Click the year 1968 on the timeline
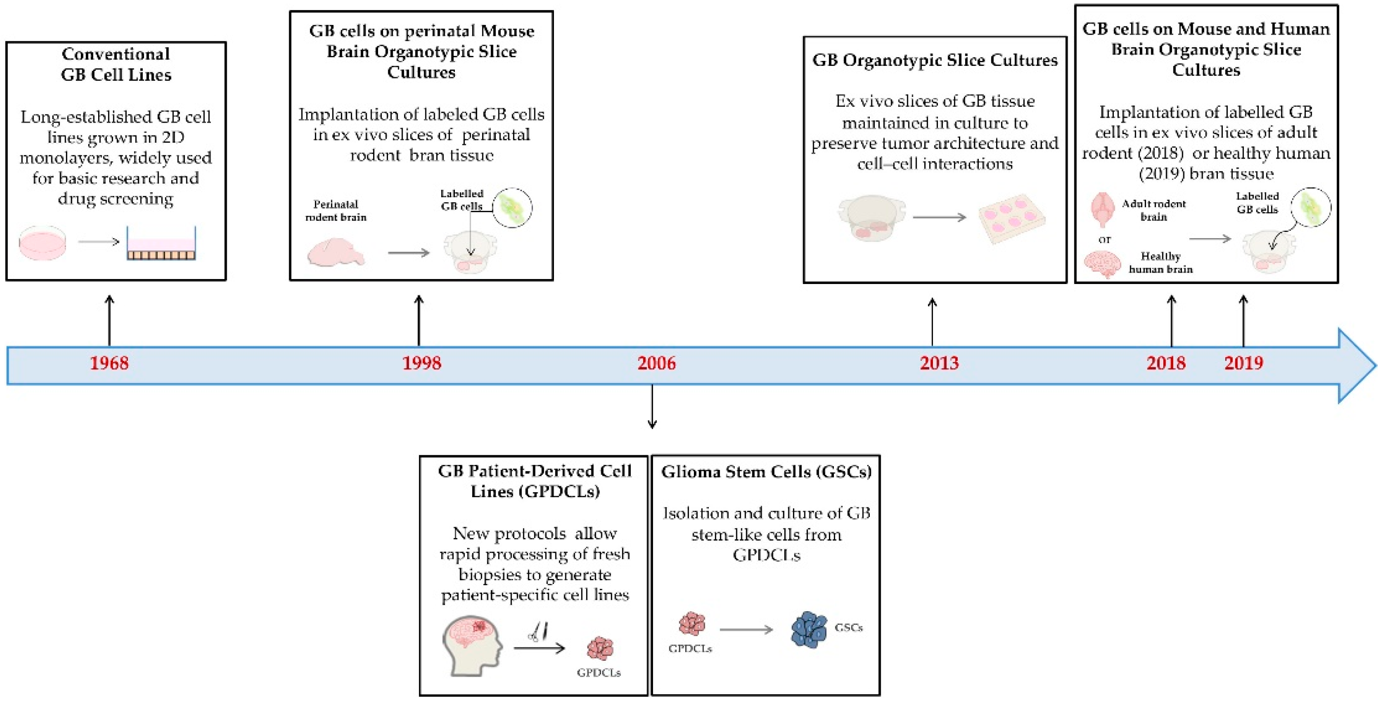click(109, 363)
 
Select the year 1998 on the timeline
click(421, 363)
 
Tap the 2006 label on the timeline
click(656, 363)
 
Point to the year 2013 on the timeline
click(939, 363)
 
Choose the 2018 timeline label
click(1166, 363)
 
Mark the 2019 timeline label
click(1243, 363)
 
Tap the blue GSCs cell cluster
click(809, 629)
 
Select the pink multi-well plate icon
click(1011, 217)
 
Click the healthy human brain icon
click(1102, 264)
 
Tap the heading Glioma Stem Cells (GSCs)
click(766, 472)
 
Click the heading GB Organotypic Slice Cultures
click(935, 60)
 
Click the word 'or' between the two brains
click(1104, 239)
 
